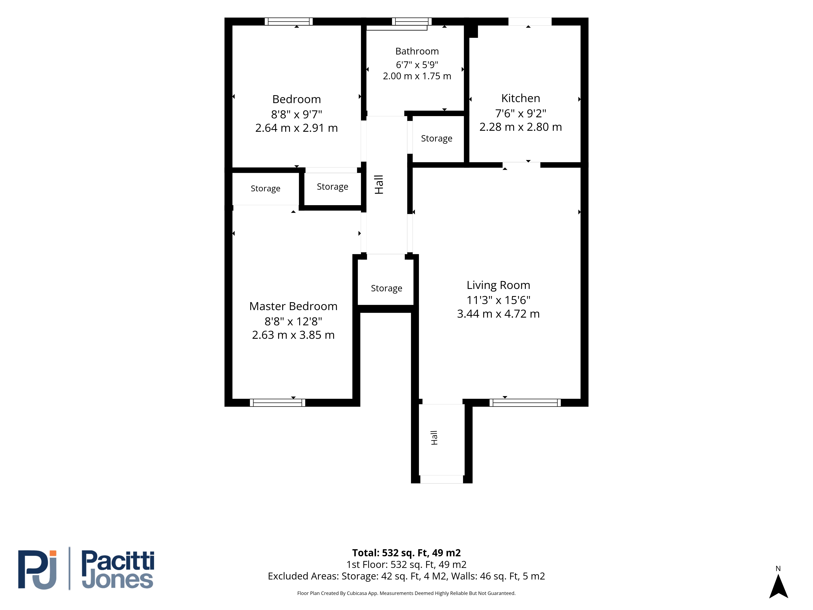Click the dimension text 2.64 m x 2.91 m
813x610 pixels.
pos(296,128)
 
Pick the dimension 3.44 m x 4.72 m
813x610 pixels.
pos(498,314)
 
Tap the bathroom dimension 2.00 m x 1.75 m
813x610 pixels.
pos(417,76)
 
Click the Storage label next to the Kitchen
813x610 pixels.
pos(436,139)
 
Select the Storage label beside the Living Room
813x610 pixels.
pos(386,288)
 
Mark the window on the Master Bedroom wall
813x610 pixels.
pos(277,403)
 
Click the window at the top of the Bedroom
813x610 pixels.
pos(289,21)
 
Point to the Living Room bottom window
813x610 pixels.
pos(525,403)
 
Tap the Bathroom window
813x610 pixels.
pos(411,21)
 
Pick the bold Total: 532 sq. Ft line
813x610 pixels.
pos(406,553)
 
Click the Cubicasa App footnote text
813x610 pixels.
pos(406,593)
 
